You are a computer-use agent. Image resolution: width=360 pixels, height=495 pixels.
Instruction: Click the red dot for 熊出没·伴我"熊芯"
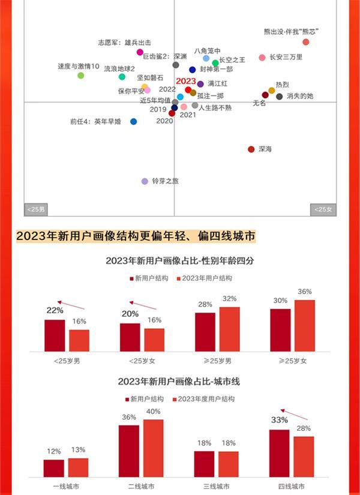[x=306, y=42]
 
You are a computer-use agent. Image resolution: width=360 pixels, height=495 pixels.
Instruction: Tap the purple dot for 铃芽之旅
[x=145, y=181]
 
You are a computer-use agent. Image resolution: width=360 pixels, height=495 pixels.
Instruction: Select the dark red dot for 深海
[x=251, y=149]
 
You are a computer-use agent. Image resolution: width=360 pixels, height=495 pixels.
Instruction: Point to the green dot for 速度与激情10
[x=80, y=76]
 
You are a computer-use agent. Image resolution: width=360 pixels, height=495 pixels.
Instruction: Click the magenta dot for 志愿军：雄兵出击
[x=140, y=52]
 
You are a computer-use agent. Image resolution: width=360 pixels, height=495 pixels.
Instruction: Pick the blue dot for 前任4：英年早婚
[x=133, y=121]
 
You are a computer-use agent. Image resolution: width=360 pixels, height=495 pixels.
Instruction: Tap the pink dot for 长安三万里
[x=262, y=58]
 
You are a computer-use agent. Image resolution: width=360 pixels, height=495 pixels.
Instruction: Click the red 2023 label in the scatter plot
[x=186, y=81]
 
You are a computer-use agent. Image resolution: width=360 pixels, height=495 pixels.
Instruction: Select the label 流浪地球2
[x=119, y=69]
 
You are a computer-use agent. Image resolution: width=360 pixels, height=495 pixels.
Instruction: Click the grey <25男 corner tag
[x=35, y=209]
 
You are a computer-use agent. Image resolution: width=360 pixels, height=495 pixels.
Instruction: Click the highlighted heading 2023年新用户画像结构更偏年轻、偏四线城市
[x=136, y=236]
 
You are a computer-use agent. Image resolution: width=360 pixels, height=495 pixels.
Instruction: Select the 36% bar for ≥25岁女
[x=305, y=325]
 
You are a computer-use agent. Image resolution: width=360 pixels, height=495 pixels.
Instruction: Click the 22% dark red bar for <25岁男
[x=55, y=335]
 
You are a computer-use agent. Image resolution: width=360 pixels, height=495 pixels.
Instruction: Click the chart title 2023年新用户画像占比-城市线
[x=179, y=382]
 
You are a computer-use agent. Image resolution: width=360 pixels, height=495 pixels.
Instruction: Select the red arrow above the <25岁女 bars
[x=143, y=305]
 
